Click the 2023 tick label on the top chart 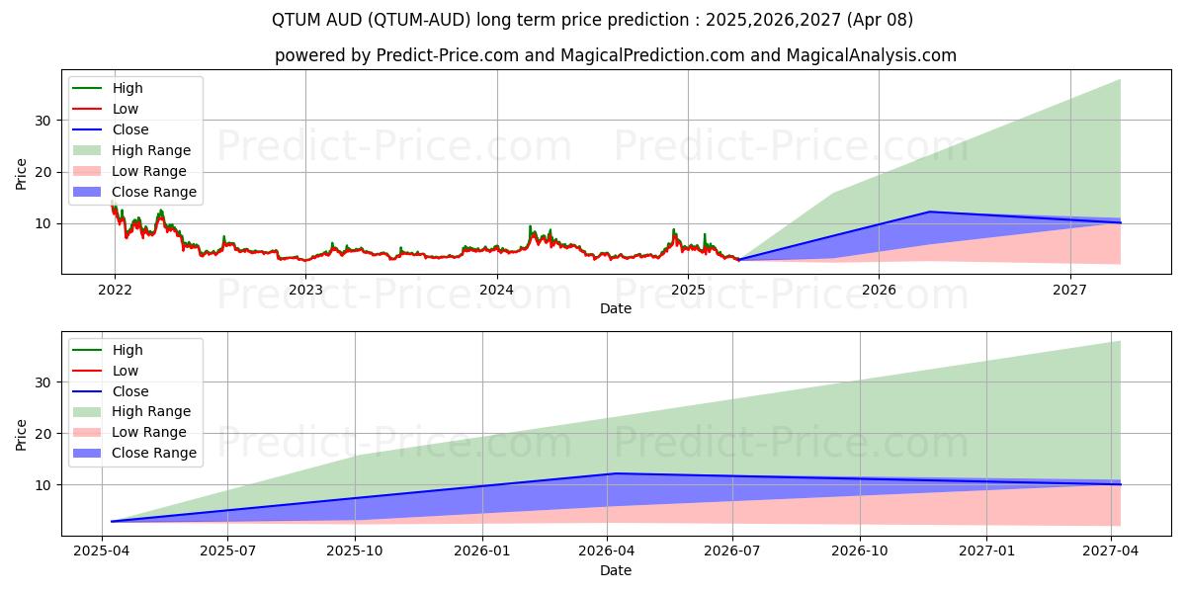click(x=305, y=290)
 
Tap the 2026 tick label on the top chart click(x=879, y=290)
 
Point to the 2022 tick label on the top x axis click(x=115, y=290)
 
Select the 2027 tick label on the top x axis click(x=1069, y=290)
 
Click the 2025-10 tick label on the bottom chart click(x=355, y=551)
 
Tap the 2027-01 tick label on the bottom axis click(x=987, y=551)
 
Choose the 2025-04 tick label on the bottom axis click(x=103, y=551)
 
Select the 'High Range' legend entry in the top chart click(x=151, y=150)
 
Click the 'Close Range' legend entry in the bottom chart click(x=153, y=453)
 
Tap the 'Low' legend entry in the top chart click(x=126, y=109)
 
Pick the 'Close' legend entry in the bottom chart click(x=130, y=391)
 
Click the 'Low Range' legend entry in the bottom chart click(x=148, y=432)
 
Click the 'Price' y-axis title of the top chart click(x=22, y=174)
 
